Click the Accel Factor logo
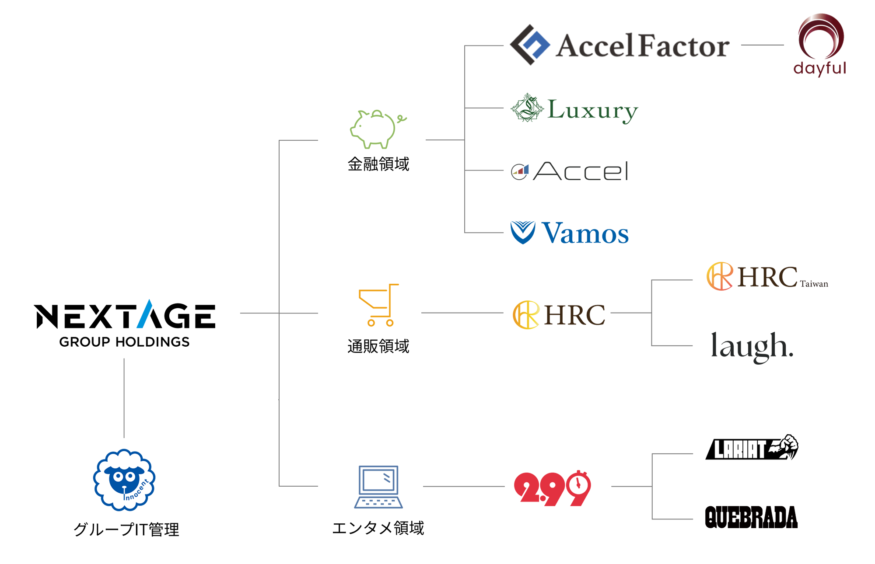pyautogui.click(x=619, y=45)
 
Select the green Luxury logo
pyautogui.click(x=574, y=108)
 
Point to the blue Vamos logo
pyautogui.click(x=570, y=233)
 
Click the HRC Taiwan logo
pyautogui.click(x=767, y=276)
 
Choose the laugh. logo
pyautogui.click(x=752, y=347)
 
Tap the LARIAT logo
pyautogui.click(x=752, y=447)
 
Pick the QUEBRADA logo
pyautogui.click(x=751, y=517)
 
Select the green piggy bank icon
pyautogui.click(x=378, y=129)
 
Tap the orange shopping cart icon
pyautogui.click(x=378, y=305)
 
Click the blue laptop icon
pyautogui.click(x=378, y=487)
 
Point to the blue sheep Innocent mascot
pyautogui.click(x=124, y=480)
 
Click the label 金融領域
pyautogui.click(x=378, y=164)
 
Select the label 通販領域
pyautogui.click(x=378, y=346)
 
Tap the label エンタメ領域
pyautogui.click(x=378, y=528)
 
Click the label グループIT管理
pyautogui.click(x=126, y=529)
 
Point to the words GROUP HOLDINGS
pyautogui.click(x=125, y=342)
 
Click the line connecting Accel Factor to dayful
pyautogui.click(x=763, y=45)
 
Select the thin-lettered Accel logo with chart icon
pyautogui.click(x=570, y=171)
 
